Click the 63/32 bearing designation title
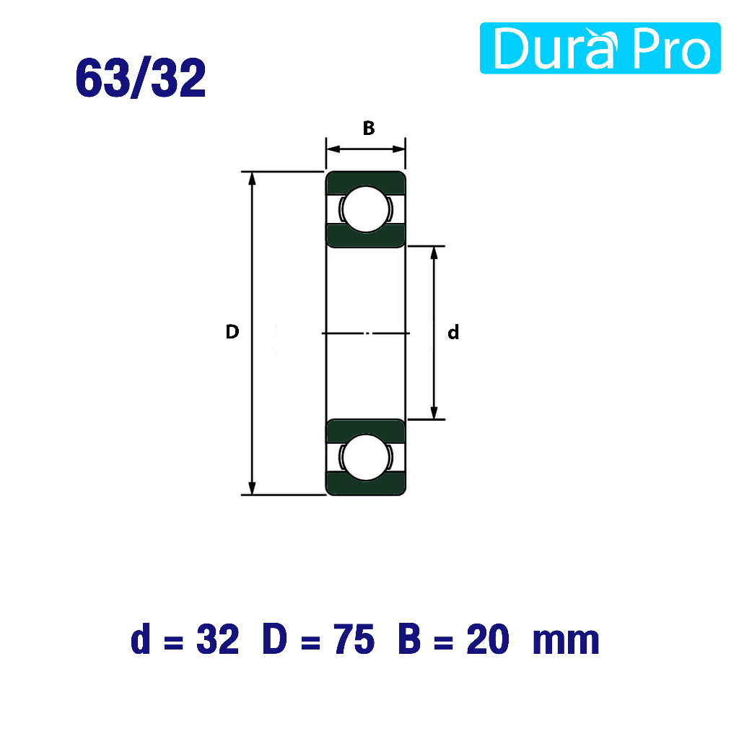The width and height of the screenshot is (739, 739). point(141,78)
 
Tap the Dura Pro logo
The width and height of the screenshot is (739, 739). point(600,48)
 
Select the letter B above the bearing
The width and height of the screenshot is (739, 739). point(369,128)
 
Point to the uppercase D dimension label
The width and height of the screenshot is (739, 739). point(232,332)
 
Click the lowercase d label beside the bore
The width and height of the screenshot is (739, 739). point(453,332)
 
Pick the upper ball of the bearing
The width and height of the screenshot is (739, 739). point(366,209)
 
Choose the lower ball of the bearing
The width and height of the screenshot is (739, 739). point(366,457)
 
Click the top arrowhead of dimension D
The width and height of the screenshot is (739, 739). point(252,178)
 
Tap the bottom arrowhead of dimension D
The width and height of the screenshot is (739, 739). point(252,489)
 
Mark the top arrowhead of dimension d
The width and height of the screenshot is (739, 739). point(434,253)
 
